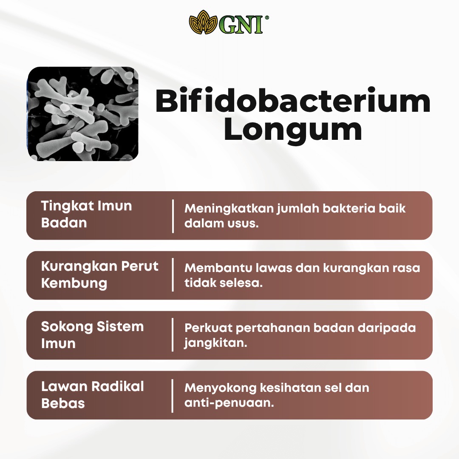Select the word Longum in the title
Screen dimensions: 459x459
[x=293, y=130]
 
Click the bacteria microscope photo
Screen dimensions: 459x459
[x=83, y=114]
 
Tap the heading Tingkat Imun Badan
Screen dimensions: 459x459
[x=86, y=214]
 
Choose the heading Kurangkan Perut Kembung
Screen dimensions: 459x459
[x=99, y=274]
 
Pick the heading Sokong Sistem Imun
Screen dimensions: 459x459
[x=92, y=334]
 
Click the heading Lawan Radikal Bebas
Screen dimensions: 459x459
[x=92, y=394]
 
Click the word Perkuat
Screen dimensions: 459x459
[x=208, y=328]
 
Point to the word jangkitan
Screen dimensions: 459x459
[x=216, y=343]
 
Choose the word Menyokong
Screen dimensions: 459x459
[x=221, y=388]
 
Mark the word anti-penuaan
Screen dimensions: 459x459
[x=229, y=403]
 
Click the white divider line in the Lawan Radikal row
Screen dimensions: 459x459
[x=173, y=396]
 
